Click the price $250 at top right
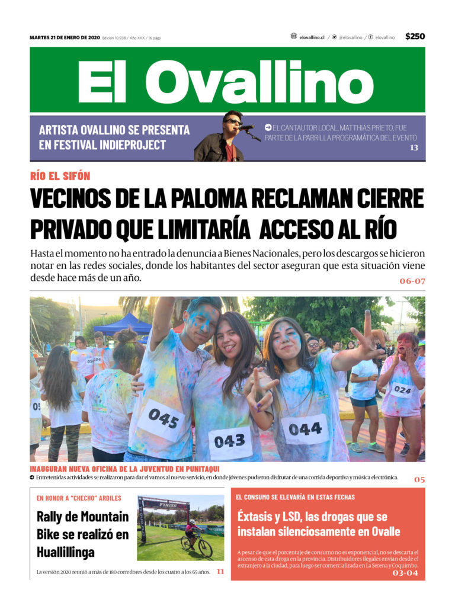pyautogui.click(x=415, y=37)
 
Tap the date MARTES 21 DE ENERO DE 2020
pyautogui.click(x=65, y=37)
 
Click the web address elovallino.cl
pyautogui.click(x=312, y=37)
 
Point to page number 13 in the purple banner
pyautogui.click(x=414, y=148)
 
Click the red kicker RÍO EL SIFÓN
pyautogui.click(x=60, y=176)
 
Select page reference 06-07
pyautogui.click(x=412, y=281)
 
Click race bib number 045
pyautogui.click(x=163, y=418)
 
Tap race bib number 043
pyautogui.click(x=229, y=441)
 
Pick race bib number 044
pyautogui.click(x=305, y=428)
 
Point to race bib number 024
pyautogui.click(x=402, y=390)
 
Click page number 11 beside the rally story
pyautogui.click(x=220, y=572)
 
